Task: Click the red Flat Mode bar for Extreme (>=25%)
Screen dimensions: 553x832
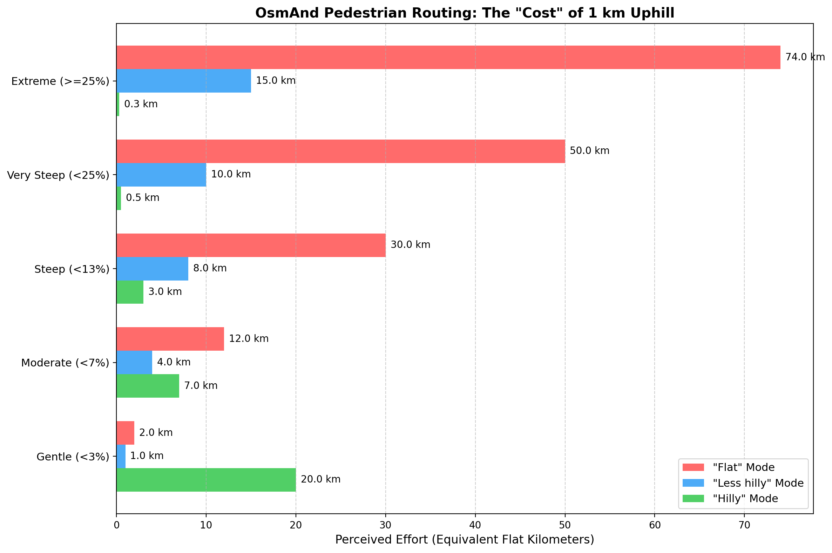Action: pos(448,57)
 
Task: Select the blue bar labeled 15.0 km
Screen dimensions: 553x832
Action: pos(183,81)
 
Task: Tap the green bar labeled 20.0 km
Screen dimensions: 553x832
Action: pos(206,480)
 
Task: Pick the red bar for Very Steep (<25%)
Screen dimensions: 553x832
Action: pos(340,151)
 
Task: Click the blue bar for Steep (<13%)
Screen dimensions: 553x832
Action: pos(152,269)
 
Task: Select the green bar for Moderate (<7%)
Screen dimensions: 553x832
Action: pos(147,386)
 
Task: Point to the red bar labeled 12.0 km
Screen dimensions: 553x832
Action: pos(170,339)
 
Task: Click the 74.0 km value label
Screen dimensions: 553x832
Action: pos(805,57)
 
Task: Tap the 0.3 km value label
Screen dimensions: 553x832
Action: pos(141,104)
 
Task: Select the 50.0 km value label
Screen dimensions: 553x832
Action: pos(589,151)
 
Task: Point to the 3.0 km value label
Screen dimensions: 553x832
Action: pos(165,292)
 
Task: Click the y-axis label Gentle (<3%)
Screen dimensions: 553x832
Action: pos(73,457)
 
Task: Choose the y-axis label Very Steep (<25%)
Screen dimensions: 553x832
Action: pos(58,175)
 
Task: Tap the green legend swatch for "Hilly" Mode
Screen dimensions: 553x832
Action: pos(693,499)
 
